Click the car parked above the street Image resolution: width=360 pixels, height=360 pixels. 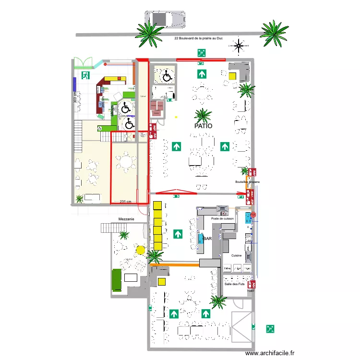tap(166, 19)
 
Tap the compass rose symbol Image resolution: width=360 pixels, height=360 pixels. tap(239, 47)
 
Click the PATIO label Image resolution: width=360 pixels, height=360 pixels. tap(204, 126)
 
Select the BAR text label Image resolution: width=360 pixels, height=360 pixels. tap(208, 239)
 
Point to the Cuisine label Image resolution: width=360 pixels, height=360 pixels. tap(236, 256)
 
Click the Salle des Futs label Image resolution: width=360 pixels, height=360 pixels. tap(234, 284)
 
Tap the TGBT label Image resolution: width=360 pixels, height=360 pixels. tap(251, 290)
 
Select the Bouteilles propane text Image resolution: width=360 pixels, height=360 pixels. tap(247, 182)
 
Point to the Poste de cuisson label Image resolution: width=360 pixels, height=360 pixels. tap(222, 218)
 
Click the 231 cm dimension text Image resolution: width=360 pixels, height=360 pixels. tap(126, 202)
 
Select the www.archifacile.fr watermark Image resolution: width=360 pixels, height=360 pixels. tap(270, 353)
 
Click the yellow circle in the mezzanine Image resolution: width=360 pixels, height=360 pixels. tap(140, 249)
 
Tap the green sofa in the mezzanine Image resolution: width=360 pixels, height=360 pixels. tap(117, 280)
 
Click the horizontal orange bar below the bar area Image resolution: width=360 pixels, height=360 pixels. tap(174, 264)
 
